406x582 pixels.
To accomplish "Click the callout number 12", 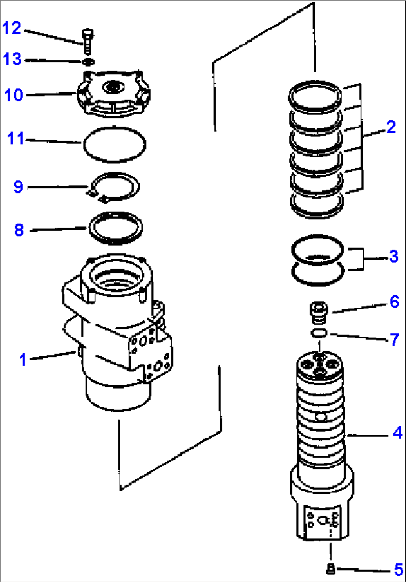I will pos(12,28).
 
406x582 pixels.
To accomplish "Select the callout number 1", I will pos(23,360).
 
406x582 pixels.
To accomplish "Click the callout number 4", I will pos(397,433).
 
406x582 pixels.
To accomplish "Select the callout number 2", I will pos(391,127).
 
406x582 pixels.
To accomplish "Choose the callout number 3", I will pos(394,256).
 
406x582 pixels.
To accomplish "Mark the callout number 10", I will pos(14,95).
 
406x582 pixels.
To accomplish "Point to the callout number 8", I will pos(19,230).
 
